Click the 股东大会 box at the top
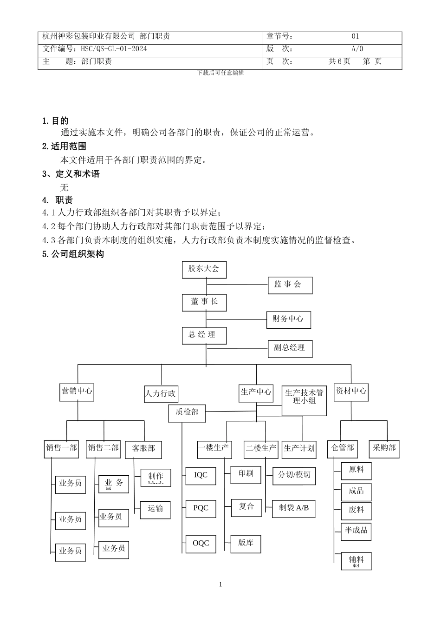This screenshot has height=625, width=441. [203, 269]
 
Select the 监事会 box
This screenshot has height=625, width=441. [290, 285]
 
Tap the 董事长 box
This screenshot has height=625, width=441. [204, 302]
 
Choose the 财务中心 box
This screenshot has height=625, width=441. [288, 319]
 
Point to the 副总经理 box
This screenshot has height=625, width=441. [290, 348]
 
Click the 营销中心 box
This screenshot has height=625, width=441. [77, 392]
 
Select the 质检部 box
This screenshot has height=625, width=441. [187, 412]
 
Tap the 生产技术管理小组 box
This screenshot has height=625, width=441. [304, 397]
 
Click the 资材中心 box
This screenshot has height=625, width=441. [351, 392]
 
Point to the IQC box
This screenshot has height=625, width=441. [201, 475]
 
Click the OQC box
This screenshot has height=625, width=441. [201, 544]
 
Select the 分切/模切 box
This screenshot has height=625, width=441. [294, 475]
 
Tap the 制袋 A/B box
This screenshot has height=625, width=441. [294, 508]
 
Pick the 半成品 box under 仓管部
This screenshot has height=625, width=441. [356, 531]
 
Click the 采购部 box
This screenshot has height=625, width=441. [384, 448]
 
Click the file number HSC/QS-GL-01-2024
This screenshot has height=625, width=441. [114, 49]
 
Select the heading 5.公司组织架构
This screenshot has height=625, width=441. [73, 254]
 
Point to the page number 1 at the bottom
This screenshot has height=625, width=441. [220, 585]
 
